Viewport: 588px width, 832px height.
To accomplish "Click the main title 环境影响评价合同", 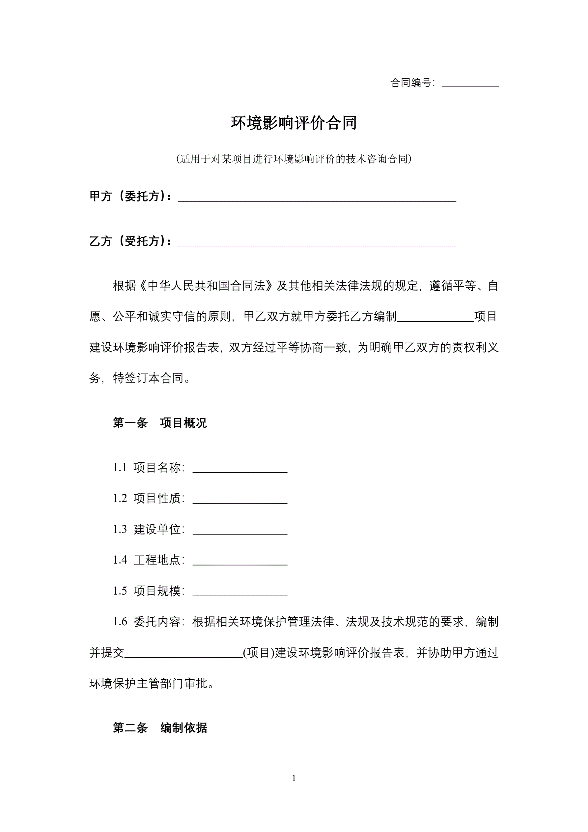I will (x=294, y=123).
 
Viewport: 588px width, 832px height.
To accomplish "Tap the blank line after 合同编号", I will (x=470, y=84).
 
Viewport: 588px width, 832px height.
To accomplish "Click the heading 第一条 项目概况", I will (x=160, y=423).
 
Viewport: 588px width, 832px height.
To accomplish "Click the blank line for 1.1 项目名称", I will (x=240, y=470).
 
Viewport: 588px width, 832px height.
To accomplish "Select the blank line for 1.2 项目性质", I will (x=240, y=501).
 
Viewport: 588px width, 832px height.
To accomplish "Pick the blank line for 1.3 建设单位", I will (x=240, y=531).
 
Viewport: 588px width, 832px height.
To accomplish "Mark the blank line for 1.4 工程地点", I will (x=240, y=562).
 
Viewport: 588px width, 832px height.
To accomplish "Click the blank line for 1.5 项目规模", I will (x=240, y=593).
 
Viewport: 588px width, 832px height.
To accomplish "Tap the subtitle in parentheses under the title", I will (x=294, y=159).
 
